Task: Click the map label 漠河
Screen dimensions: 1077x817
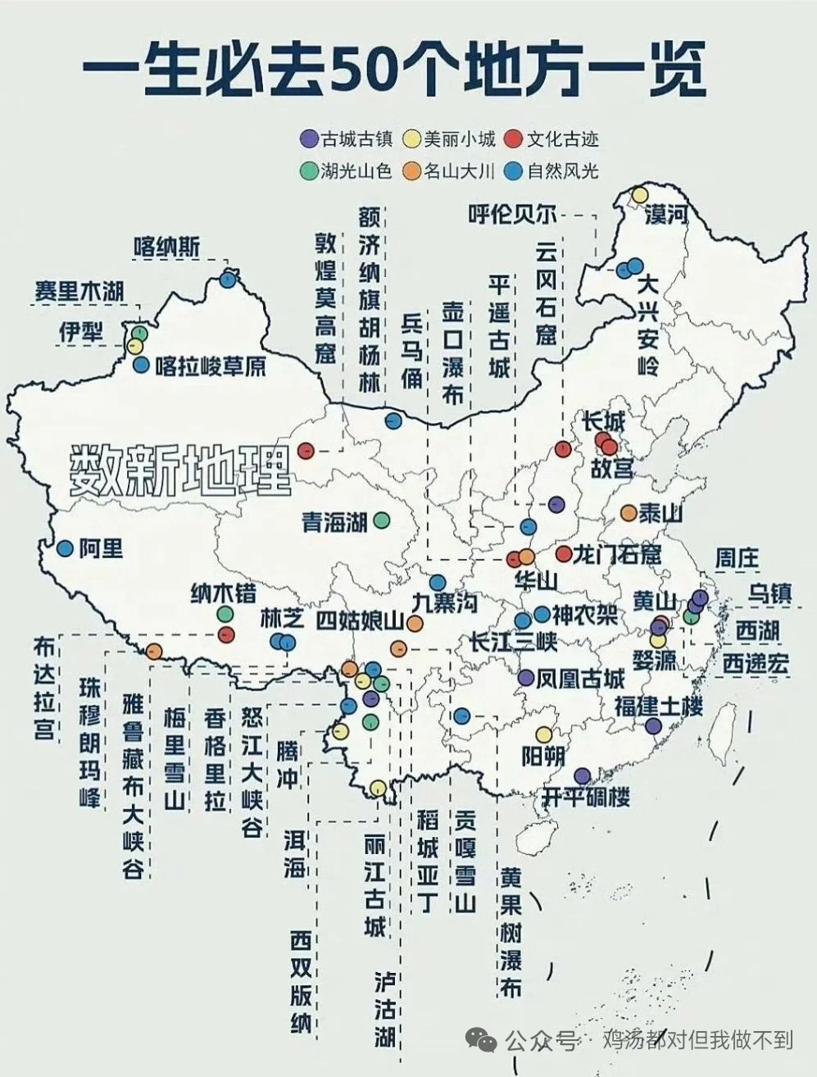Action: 666,215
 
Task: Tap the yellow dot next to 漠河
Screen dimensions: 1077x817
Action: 638,195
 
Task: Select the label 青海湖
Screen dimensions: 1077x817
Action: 334,521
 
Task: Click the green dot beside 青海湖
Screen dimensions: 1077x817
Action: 381,519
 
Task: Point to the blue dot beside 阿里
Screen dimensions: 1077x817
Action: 65,548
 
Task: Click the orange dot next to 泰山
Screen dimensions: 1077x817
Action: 628,513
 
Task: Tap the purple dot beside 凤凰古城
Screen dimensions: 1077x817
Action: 526,678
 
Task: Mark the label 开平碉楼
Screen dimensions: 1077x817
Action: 587,796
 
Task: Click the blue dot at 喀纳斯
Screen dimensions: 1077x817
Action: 228,279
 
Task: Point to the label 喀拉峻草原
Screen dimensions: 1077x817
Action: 211,366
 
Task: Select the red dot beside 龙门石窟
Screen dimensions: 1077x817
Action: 563,554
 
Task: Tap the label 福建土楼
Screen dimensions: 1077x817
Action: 659,706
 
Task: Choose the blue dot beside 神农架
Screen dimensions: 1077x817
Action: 542,614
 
